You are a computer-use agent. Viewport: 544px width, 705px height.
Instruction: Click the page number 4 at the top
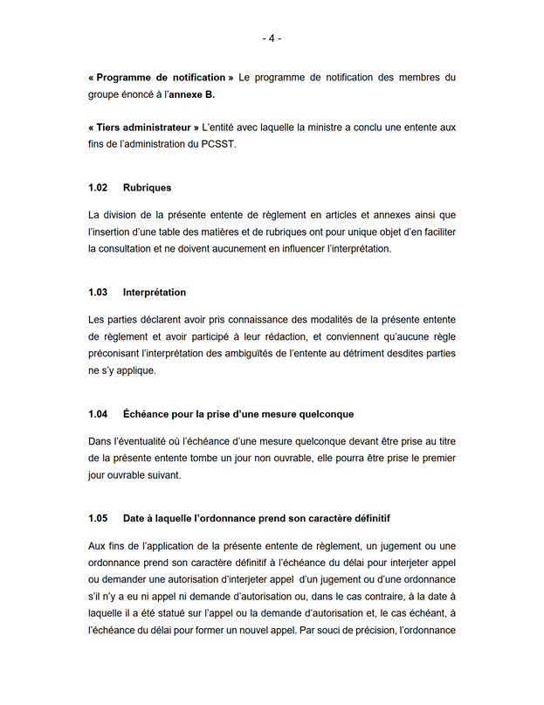[272, 38]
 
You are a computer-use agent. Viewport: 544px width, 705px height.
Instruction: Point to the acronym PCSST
[220, 144]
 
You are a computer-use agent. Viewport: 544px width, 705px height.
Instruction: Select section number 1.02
[98, 188]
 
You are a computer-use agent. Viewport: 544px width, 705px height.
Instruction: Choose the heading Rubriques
[147, 188]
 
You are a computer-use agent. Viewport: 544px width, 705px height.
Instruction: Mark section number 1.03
[98, 292]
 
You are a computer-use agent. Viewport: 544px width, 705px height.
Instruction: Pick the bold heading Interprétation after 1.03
[154, 292]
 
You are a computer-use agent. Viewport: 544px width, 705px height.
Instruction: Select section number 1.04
[98, 413]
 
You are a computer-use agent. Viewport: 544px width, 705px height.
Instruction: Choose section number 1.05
[98, 518]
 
